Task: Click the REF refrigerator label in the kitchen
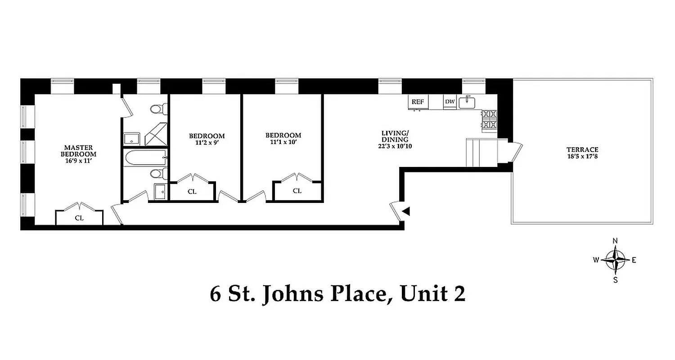[418, 102]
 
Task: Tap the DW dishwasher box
[450, 102]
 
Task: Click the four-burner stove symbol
[489, 119]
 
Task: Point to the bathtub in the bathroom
[144, 158]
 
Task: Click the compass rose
[615, 260]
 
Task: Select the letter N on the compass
[615, 240]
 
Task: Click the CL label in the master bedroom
[79, 218]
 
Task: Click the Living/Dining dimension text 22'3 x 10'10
[395, 146]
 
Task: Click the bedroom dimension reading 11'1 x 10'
[283, 142]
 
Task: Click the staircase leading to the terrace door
[481, 152]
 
